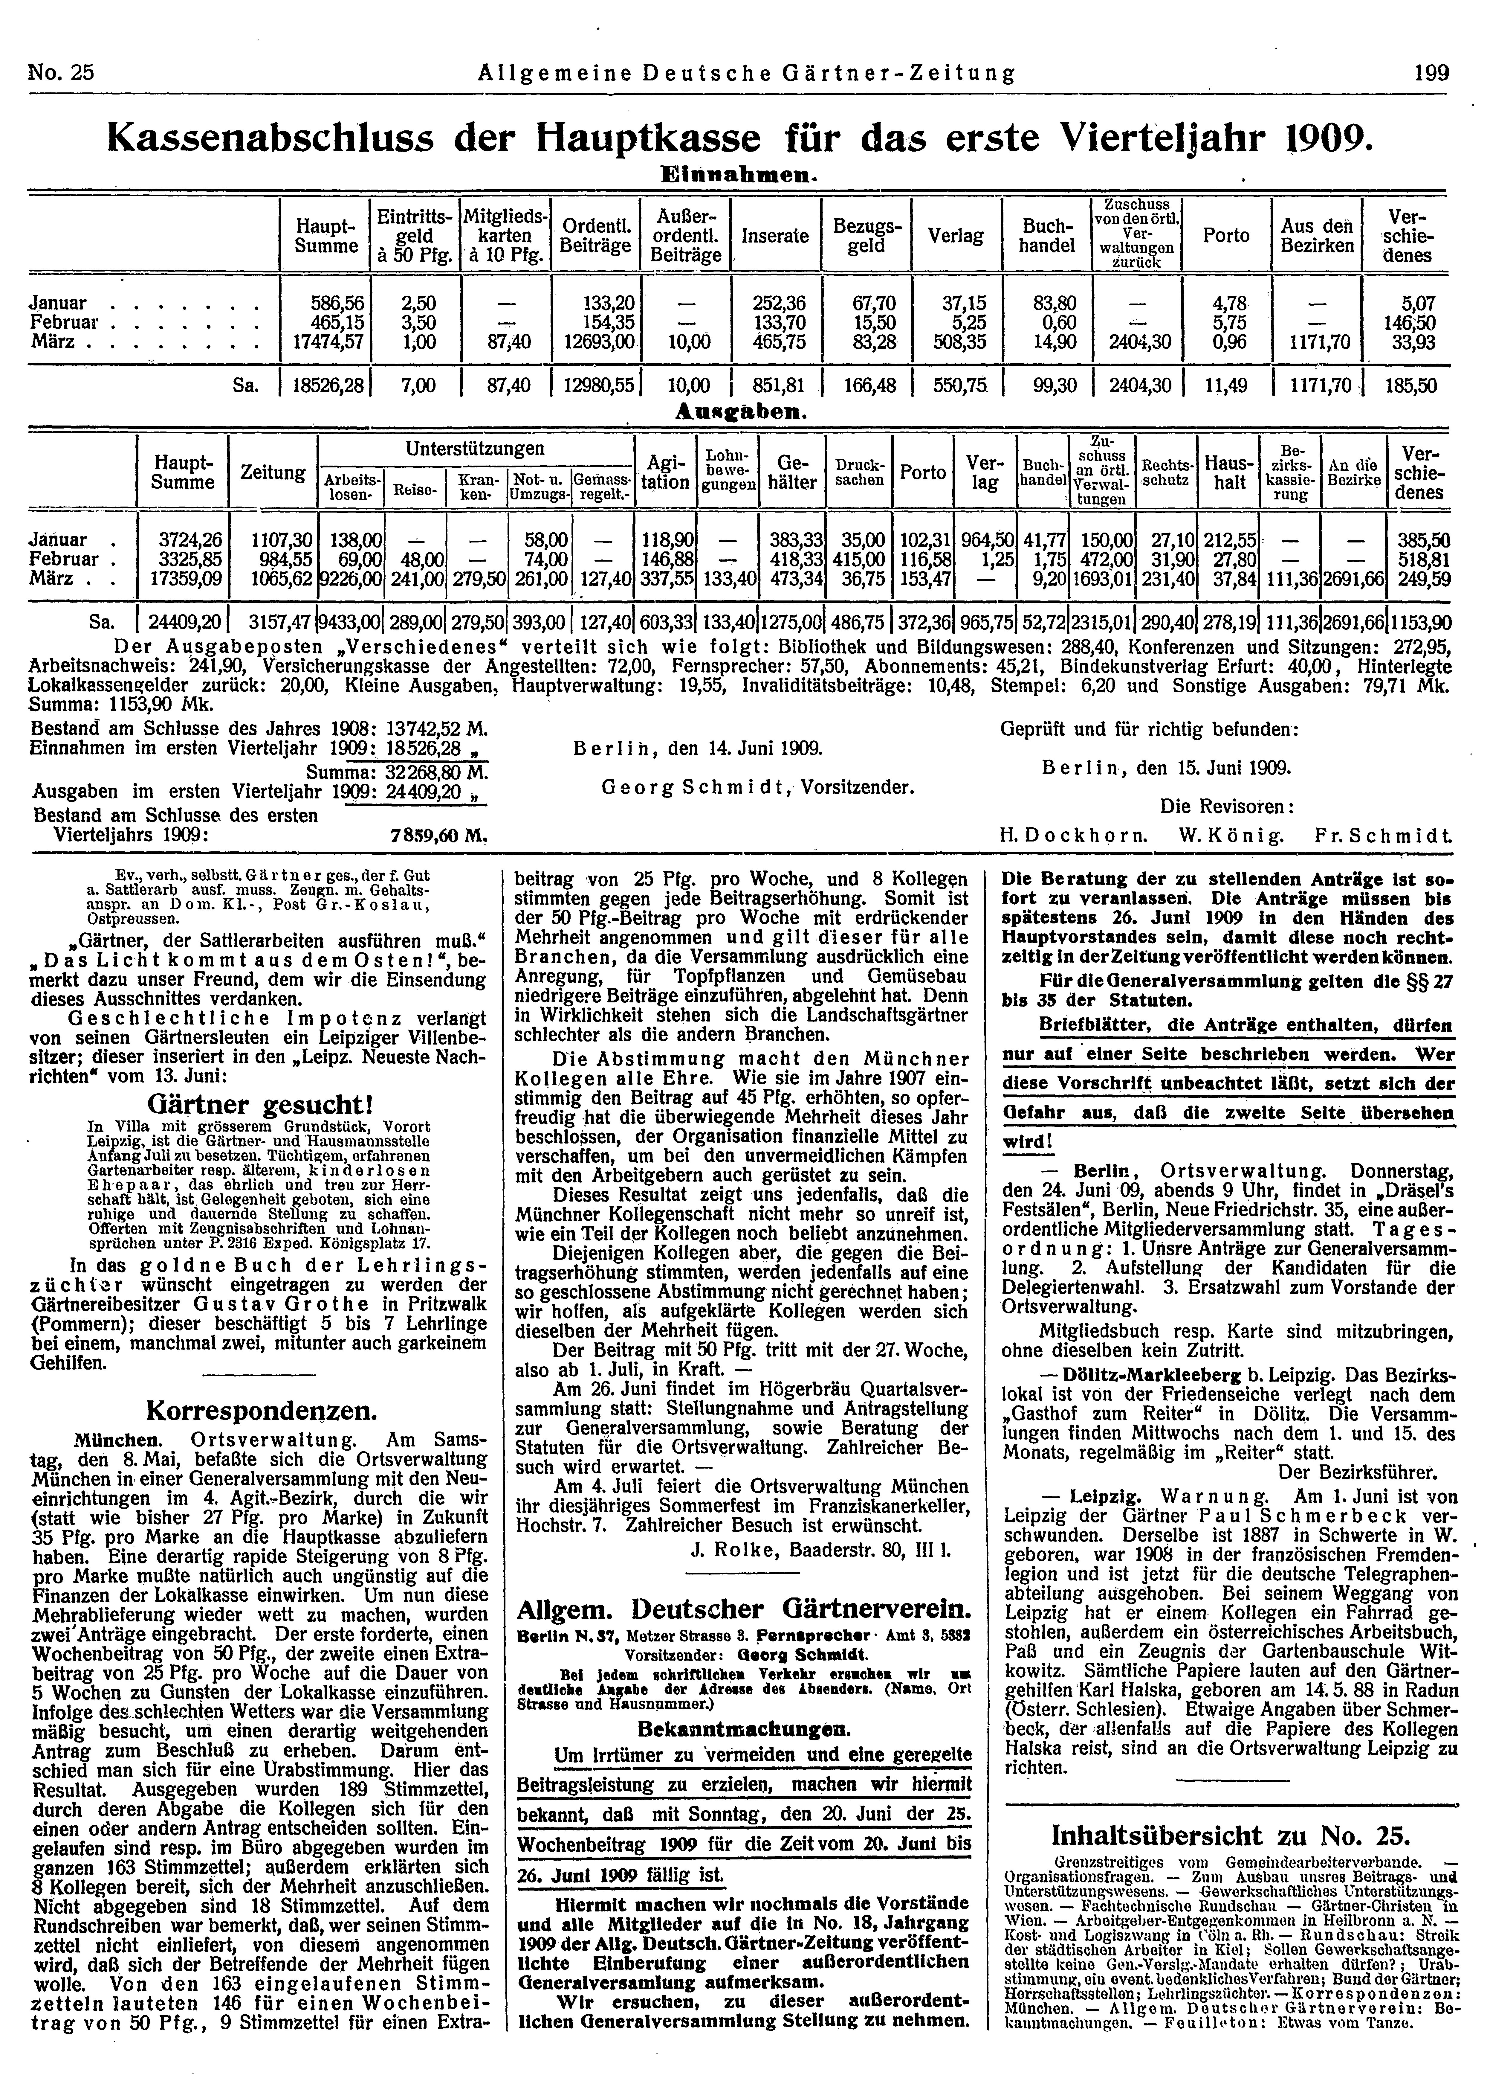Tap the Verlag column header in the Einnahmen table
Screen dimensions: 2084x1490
pos(956,236)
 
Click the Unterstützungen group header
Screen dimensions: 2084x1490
pos(475,449)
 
